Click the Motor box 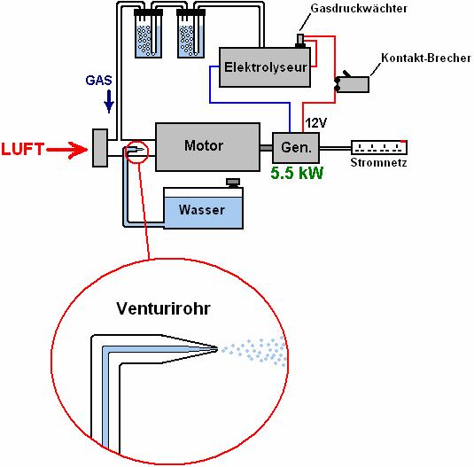click(207, 147)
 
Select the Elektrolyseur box click(265, 67)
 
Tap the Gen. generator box click(296, 148)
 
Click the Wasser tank click(203, 208)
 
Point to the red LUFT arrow click(67, 150)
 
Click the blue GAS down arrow click(109, 101)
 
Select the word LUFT click(23, 149)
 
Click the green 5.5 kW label click(297, 173)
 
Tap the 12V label click(316, 123)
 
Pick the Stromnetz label click(378, 163)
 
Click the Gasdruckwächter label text click(359, 9)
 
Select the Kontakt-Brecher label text click(426, 58)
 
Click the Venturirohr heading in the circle click(163, 308)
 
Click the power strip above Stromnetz click(379, 147)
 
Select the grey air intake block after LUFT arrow click(100, 148)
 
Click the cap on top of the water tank click(233, 183)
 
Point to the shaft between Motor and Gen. click(267, 148)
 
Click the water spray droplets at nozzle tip click(254, 350)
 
